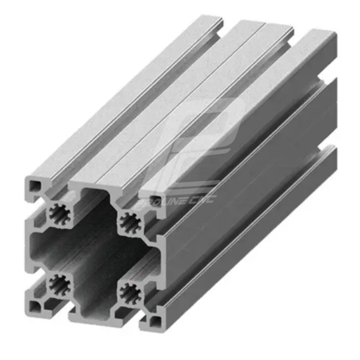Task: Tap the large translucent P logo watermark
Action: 202,139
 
